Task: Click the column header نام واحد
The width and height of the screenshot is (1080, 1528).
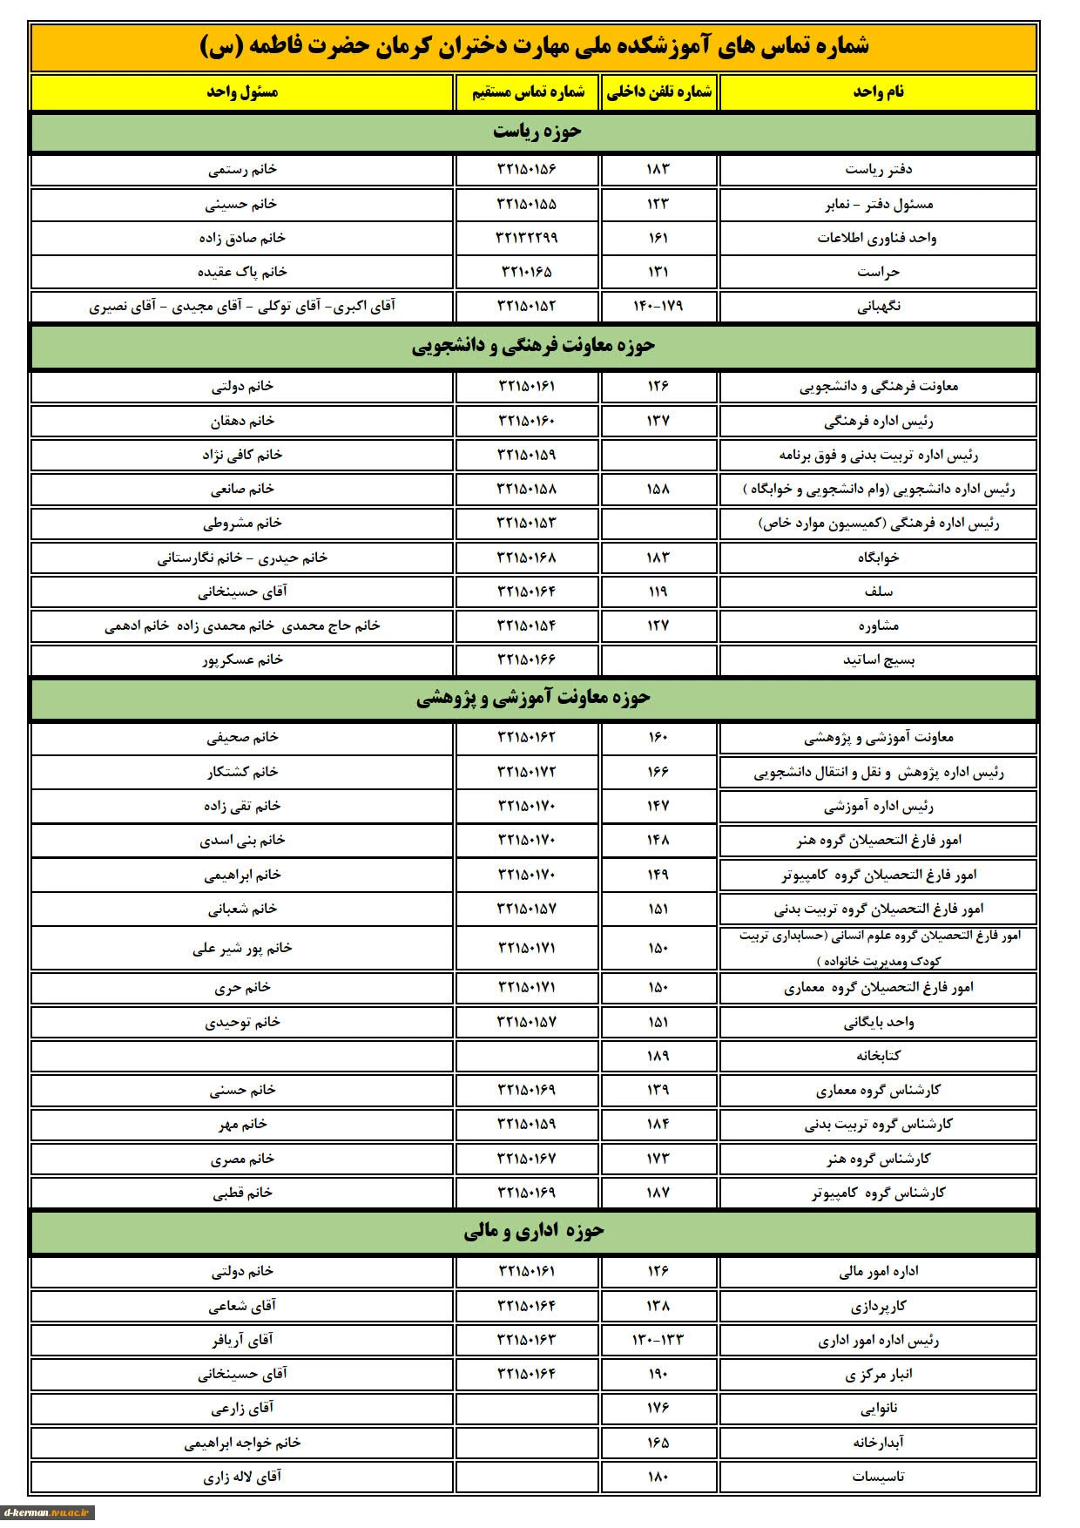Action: (878, 91)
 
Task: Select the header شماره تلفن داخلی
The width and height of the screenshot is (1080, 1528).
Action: (658, 91)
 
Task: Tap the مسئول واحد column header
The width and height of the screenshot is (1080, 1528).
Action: (242, 91)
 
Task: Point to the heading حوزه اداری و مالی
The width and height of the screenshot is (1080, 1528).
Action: (533, 1230)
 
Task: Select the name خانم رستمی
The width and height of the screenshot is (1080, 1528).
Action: (242, 169)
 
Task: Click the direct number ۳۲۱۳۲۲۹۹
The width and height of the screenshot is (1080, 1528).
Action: (526, 238)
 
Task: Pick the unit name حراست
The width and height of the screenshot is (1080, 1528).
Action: (878, 272)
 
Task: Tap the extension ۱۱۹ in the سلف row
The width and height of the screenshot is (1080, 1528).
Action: (658, 592)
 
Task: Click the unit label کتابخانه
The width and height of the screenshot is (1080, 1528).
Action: (878, 1056)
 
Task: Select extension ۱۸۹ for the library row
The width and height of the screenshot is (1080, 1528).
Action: (658, 1056)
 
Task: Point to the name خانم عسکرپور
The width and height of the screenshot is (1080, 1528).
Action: (242, 659)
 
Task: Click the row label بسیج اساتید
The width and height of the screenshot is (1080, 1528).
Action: (878, 659)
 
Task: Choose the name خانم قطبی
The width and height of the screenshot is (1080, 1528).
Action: (242, 1193)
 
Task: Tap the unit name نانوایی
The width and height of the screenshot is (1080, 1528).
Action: (878, 1408)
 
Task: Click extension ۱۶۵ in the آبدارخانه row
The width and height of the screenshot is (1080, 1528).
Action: (658, 1443)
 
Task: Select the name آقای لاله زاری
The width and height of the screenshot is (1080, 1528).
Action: (242, 1477)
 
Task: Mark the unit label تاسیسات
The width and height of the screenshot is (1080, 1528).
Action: (878, 1477)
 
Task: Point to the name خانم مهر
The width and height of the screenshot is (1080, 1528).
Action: (242, 1124)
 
